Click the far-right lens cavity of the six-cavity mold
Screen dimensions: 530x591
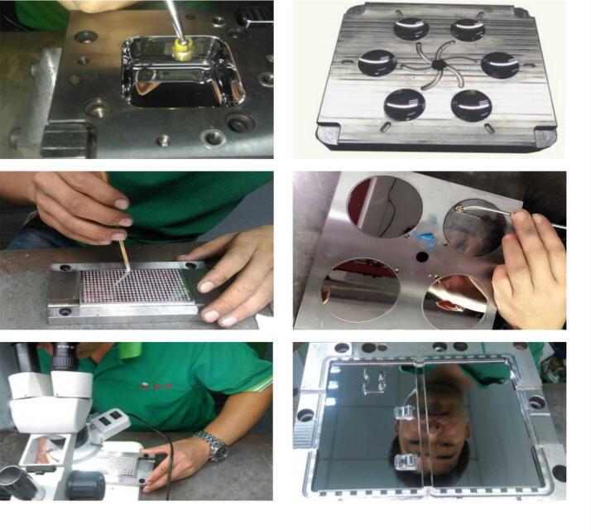tap(499, 65)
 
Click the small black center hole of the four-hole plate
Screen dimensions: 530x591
tap(422, 256)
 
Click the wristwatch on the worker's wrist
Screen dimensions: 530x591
tap(215, 446)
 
